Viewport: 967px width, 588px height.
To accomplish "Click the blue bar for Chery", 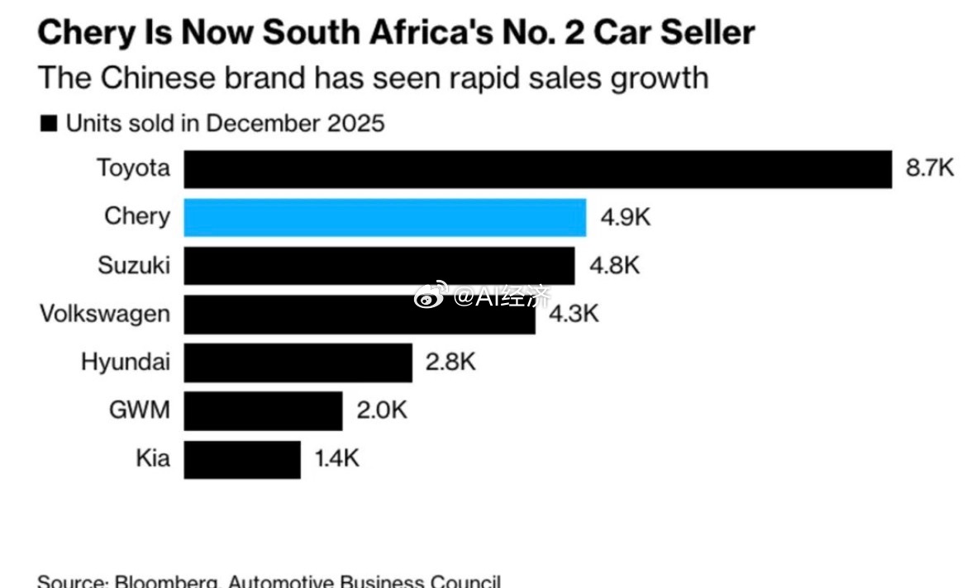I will pyautogui.click(x=384, y=217).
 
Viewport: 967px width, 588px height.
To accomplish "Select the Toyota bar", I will pyautogui.click(x=537, y=169).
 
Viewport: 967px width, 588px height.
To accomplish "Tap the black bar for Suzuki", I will pyautogui.click(x=379, y=266).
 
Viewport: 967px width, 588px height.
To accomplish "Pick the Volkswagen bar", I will pyautogui.click(x=359, y=315).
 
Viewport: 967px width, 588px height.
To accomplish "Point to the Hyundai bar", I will pyautogui.click(x=298, y=363).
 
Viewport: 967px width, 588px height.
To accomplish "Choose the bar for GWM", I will pyautogui.click(x=263, y=410).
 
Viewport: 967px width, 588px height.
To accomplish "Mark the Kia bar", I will pyautogui.click(x=242, y=459).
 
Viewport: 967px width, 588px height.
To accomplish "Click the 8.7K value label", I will pyautogui.click(x=930, y=169).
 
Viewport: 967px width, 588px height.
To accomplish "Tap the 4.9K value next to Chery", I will pyautogui.click(x=626, y=217).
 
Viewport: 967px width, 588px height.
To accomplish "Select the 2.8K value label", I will pyautogui.click(x=450, y=363).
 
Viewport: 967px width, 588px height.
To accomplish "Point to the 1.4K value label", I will pyautogui.click(x=336, y=459).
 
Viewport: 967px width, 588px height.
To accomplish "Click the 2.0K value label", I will pyautogui.click(x=382, y=410).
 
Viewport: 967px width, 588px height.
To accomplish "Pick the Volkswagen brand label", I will pyautogui.click(x=105, y=315).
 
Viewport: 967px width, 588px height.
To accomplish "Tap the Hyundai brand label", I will pyautogui.click(x=126, y=363).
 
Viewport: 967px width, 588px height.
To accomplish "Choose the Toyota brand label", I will pyautogui.click(x=133, y=169).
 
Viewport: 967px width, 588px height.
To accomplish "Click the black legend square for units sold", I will pyautogui.click(x=49, y=125).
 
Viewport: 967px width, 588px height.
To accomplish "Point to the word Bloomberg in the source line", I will pyautogui.click(x=166, y=581).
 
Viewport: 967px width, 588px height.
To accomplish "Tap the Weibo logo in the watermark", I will pyautogui.click(x=431, y=296).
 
